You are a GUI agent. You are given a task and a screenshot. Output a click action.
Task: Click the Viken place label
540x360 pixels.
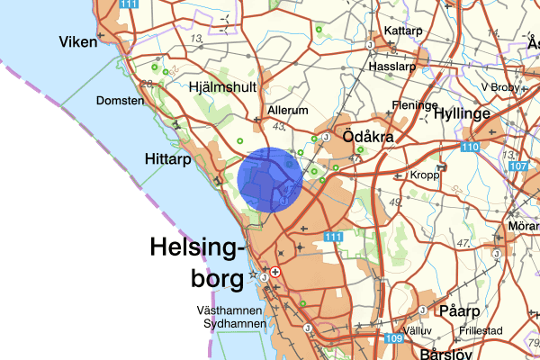click(77, 41)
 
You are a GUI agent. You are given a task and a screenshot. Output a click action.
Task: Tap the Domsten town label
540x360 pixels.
click(120, 101)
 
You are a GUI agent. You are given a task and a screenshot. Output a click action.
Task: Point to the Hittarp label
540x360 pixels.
click(166, 158)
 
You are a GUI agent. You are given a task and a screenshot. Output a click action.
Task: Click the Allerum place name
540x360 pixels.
click(288, 110)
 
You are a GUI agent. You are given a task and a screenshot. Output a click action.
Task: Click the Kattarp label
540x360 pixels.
click(403, 31)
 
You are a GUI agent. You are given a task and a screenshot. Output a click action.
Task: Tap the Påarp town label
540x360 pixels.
click(460, 310)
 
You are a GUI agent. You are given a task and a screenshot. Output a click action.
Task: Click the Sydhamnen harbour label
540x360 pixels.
click(234, 323)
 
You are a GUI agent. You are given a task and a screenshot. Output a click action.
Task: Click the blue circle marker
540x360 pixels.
click(271, 180)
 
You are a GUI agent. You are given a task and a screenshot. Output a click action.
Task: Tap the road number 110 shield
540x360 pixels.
click(470, 147)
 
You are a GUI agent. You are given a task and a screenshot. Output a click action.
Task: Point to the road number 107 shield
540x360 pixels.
click(517, 166)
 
